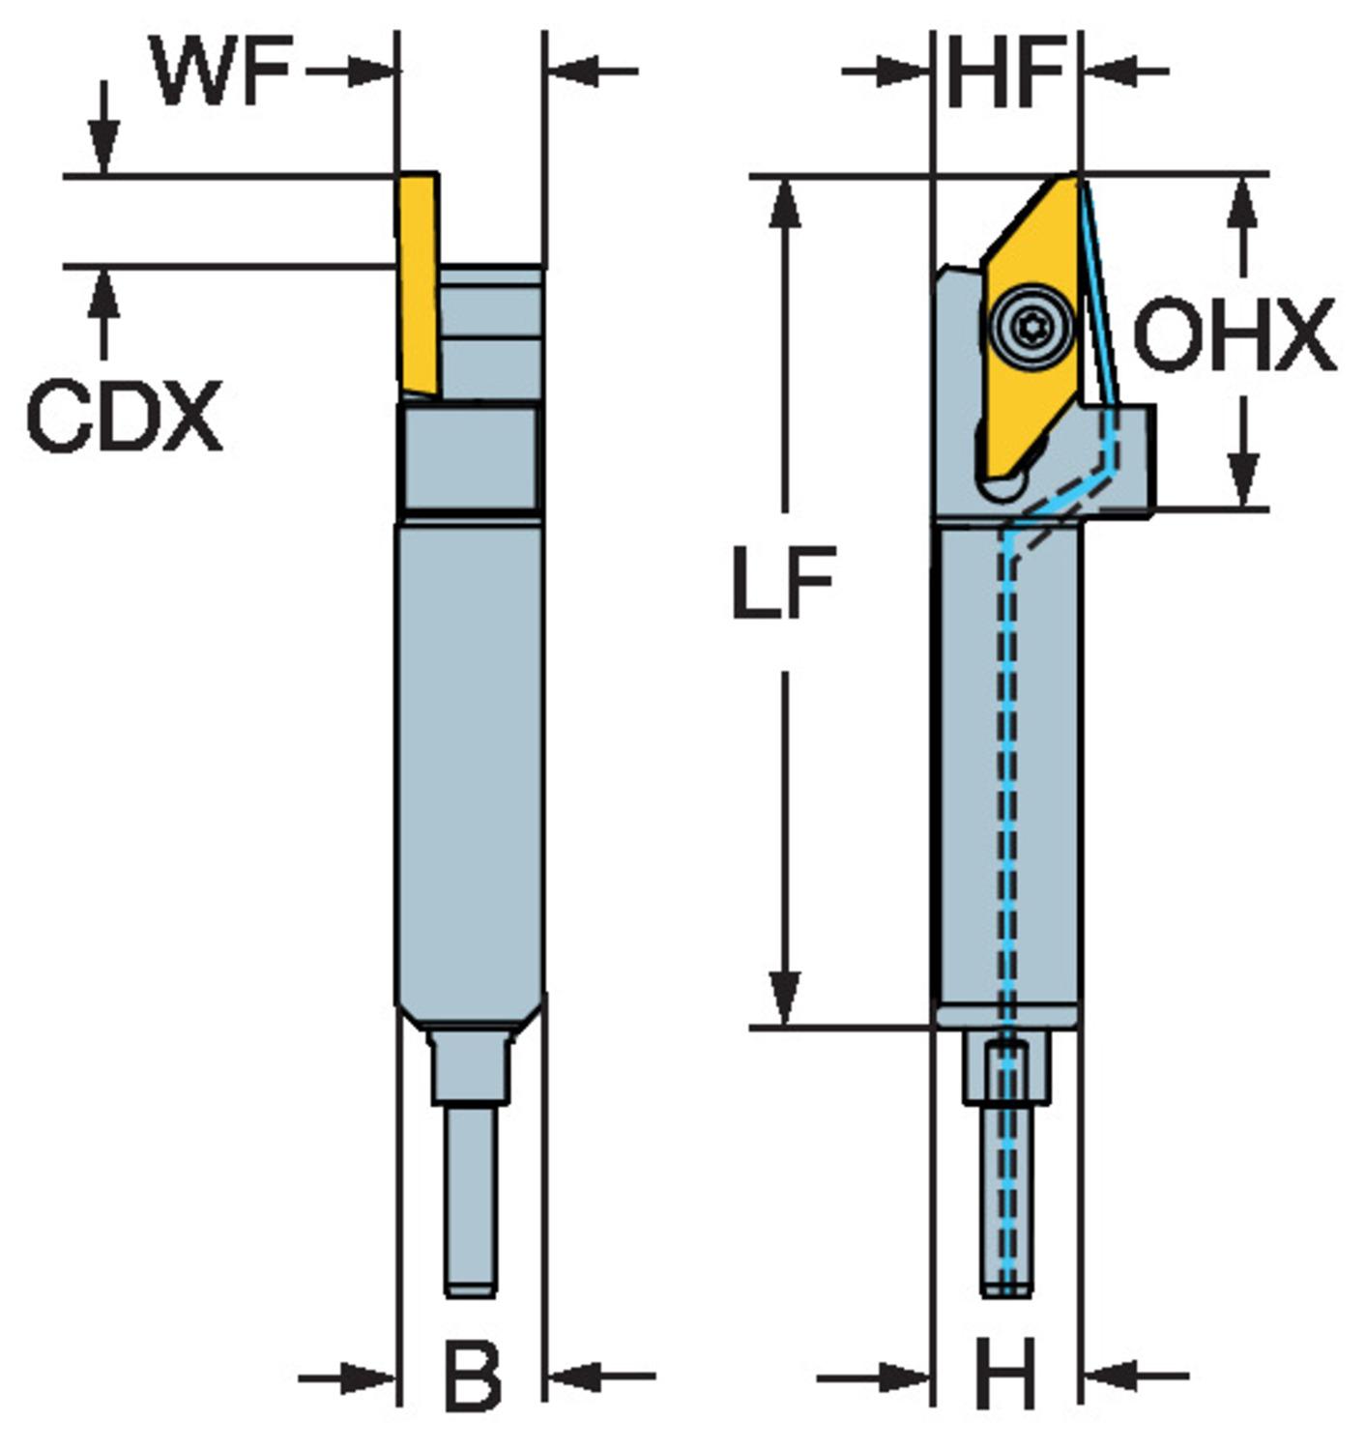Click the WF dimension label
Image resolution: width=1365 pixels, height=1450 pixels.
coord(221,72)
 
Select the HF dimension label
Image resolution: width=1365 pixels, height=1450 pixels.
coord(1005,72)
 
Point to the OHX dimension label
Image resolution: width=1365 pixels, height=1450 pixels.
coord(1234,335)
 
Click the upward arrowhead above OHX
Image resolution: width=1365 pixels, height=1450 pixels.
coord(1244,202)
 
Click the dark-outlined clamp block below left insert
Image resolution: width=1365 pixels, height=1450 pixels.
coord(469,459)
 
